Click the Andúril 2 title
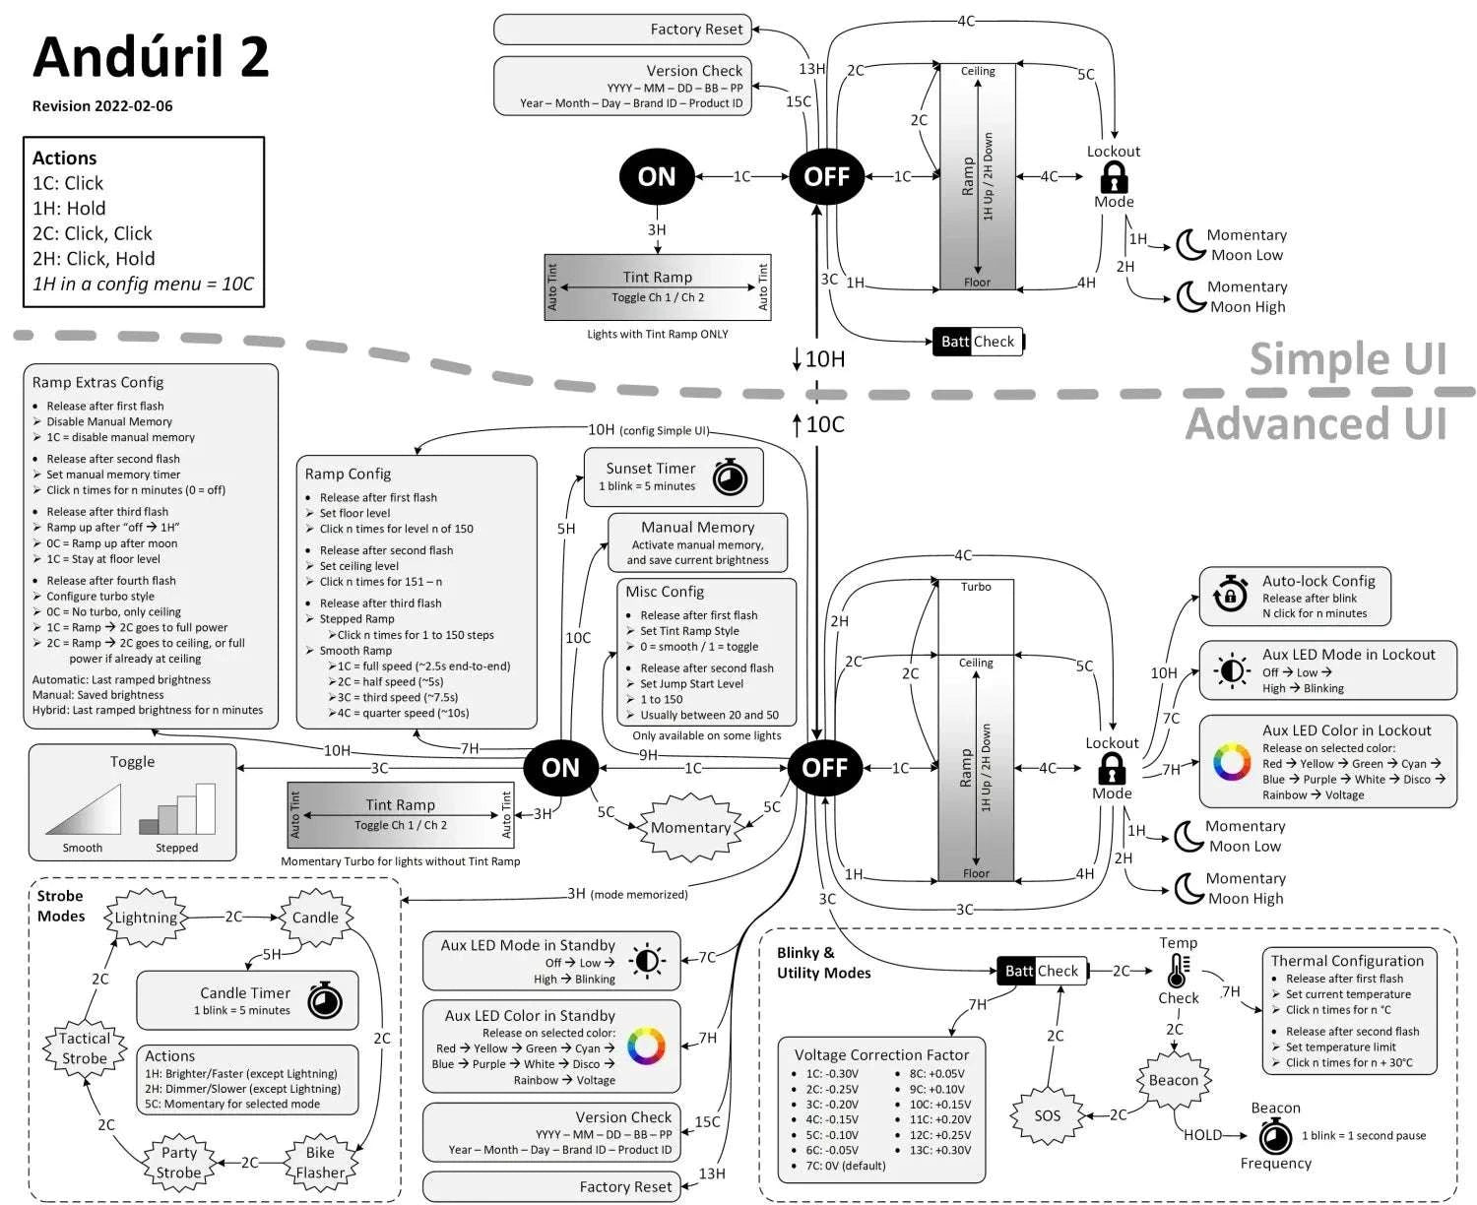tap(151, 57)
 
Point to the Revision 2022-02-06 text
tap(102, 105)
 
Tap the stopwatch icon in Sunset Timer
tap(730, 476)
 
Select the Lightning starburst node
tap(146, 918)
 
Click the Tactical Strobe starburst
tap(85, 1048)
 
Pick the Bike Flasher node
tap(320, 1163)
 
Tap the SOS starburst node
tap(1047, 1115)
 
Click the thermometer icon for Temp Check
tap(1178, 971)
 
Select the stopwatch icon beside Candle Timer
tap(324, 999)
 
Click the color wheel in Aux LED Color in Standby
tap(646, 1046)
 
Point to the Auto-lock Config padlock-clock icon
tap(1230, 595)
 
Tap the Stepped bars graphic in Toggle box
tap(177, 808)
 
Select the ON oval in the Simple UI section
tap(656, 176)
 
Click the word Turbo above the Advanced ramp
tap(975, 587)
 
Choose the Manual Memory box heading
tap(697, 528)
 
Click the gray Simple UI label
tap(1347, 359)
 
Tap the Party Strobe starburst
tap(178, 1163)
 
